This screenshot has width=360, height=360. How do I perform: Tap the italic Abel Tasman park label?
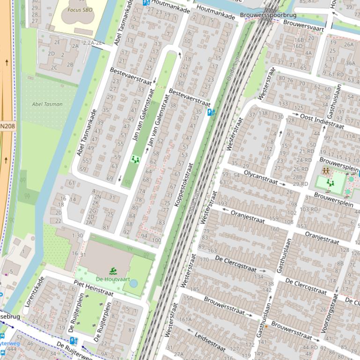(47, 104)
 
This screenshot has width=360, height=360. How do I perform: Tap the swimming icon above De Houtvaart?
(113, 271)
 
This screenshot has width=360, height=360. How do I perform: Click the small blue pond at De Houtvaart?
(133, 283)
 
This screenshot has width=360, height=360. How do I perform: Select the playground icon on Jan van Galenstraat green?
(135, 159)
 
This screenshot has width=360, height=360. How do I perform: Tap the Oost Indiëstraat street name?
(322, 120)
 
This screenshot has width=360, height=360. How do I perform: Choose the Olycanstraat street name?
(260, 178)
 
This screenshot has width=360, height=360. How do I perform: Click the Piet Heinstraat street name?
(94, 288)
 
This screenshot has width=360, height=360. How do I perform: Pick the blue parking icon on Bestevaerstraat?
(211, 112)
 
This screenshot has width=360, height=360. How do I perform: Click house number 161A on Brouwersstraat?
(185, 319)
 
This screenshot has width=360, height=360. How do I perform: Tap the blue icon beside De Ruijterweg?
(73, 340)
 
